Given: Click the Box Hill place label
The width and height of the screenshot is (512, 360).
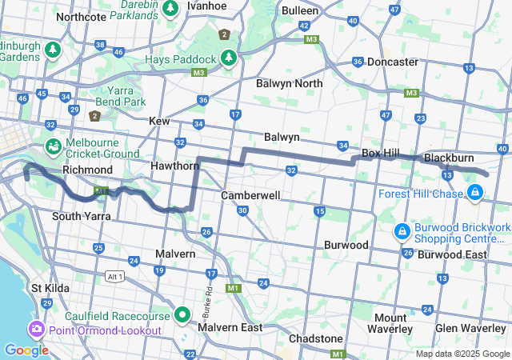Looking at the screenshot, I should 381,152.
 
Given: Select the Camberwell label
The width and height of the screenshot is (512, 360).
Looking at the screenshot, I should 251,195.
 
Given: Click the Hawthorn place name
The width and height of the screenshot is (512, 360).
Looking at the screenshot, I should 175,166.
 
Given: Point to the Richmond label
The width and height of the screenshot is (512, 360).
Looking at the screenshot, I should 87,170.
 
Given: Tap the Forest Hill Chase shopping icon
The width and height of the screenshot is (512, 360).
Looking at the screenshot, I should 475,192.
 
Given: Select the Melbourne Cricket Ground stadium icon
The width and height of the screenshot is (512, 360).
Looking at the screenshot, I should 53,146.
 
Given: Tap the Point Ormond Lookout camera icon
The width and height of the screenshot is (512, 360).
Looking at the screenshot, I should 37,330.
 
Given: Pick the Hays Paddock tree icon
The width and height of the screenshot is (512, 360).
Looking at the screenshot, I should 229,59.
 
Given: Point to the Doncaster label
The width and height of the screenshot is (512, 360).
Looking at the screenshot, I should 393,62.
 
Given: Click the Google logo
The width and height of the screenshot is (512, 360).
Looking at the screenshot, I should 26,350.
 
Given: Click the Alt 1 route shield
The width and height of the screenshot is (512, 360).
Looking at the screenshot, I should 114,276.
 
